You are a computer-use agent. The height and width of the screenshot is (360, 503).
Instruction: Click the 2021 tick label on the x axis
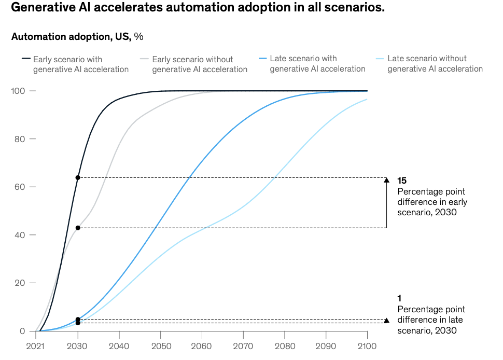point(36,345)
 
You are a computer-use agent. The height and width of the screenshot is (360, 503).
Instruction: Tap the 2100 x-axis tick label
point(367,345)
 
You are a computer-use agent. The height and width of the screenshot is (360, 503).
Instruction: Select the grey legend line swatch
point(144,59)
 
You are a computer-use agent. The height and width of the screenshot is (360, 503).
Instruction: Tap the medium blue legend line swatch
point(262,59)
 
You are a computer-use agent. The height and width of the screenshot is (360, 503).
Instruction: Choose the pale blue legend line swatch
point(380,59)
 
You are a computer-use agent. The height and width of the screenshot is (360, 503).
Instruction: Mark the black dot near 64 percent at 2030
point(78,178)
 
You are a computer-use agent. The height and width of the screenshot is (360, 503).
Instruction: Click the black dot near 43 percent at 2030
point(78,228)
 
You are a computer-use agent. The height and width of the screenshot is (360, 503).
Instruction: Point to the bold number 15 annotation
point(402,181)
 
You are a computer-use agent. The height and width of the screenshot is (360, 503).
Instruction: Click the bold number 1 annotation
point(399,298)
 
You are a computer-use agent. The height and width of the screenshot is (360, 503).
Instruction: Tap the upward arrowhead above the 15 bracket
point(386,180)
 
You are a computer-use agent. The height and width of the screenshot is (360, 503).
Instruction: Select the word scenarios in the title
point(353,9)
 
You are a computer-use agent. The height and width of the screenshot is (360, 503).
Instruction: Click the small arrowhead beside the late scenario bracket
point(386,321)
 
